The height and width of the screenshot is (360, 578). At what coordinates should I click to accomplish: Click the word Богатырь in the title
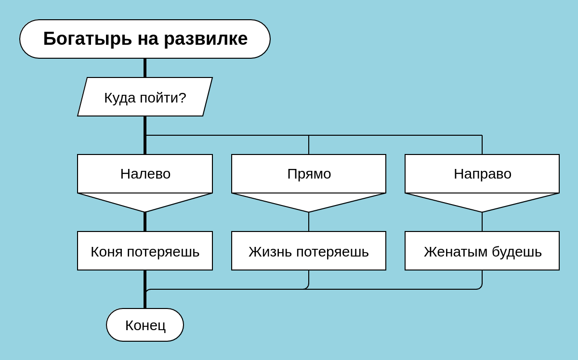(88, 39)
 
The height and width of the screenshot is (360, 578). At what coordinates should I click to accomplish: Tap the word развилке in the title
(206, 39)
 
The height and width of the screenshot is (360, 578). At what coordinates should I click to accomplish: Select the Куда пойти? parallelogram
(145, 97)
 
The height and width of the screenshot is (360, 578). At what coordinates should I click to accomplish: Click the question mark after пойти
(182, 97)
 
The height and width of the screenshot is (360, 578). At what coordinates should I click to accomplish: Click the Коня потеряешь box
(145, 251)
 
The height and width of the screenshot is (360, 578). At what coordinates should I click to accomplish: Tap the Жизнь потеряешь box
(309, 251)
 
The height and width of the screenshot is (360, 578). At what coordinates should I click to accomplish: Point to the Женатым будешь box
(482, 251)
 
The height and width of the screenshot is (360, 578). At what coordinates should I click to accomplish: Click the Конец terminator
(145, 325)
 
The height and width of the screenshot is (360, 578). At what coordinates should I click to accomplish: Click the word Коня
(106, 252)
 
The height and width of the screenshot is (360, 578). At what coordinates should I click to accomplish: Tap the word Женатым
(456, 252)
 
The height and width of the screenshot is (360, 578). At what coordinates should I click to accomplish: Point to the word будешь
(516, 252)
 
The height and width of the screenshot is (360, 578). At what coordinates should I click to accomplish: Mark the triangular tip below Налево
(145, 212)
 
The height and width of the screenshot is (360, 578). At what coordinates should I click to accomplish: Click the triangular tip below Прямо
(309, 212)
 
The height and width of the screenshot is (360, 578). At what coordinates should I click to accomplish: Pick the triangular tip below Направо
(482, 212)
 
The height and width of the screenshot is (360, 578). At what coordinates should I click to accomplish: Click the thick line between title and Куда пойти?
(145, 68)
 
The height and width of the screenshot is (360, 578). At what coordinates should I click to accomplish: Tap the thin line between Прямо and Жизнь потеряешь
(309, 222)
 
